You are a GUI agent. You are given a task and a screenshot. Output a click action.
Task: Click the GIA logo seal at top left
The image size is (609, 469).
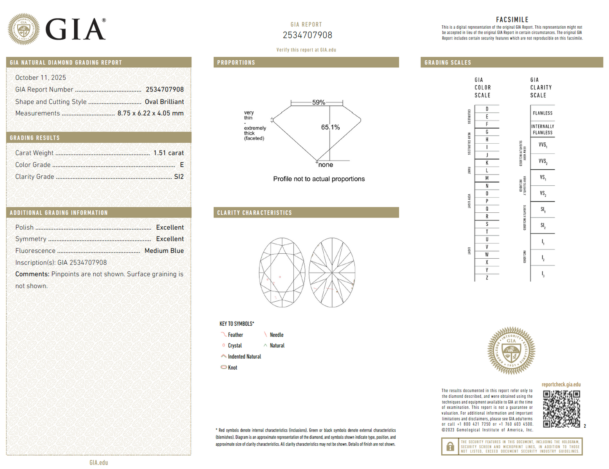coord(24,29)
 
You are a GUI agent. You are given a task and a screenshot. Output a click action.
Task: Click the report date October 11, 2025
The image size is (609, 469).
coord(40,78)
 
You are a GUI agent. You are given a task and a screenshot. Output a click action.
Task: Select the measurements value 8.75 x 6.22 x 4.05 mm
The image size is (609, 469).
coord(150,113)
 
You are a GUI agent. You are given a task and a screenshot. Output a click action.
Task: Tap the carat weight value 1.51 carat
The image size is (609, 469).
coord(169,153)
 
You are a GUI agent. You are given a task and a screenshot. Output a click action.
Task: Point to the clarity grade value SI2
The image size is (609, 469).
coord(179,177)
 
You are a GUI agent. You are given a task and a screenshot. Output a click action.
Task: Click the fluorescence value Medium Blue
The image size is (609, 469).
coord(164,251)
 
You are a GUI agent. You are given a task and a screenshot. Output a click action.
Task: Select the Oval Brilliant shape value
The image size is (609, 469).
coord(164,102)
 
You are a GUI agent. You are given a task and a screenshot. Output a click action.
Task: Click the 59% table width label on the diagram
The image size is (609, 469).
coord(318,102)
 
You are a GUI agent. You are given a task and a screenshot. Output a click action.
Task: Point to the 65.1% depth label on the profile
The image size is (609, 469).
coord(330,127)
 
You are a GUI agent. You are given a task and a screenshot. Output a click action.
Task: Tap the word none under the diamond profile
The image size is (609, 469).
coord(325,165)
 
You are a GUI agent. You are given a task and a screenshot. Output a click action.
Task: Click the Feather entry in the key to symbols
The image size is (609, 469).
coord(235,335)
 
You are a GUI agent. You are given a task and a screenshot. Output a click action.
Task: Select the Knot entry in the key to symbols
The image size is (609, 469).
coord(232,367)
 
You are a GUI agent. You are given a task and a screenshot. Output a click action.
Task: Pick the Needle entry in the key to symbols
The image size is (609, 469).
coord(276,335)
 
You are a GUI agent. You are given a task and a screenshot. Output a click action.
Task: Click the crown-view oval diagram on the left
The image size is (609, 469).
coord(282,273)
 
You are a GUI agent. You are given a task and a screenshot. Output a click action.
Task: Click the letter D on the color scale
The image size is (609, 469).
coord(487,109)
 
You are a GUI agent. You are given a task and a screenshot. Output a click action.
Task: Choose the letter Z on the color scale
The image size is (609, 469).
coord(487,278)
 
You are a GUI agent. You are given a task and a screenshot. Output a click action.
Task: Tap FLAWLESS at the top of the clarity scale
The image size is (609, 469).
coord(542,113)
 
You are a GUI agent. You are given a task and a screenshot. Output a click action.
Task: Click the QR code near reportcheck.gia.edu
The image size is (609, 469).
coord(561,409)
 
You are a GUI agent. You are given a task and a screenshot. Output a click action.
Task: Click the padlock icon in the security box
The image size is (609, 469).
coord(450,446)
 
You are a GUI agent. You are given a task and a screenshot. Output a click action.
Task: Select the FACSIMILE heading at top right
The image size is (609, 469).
coord(512,20)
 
